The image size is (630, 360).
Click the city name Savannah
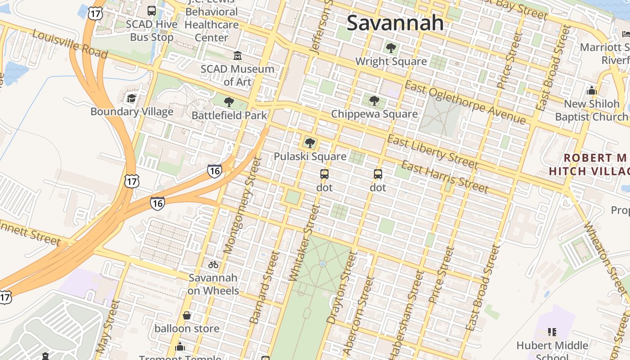click(395, 23)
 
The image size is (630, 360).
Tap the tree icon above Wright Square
click(391, 48)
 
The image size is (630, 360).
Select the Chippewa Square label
click(374, 114)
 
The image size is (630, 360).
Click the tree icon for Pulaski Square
click(310, 143)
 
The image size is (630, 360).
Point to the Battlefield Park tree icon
click(229, 102)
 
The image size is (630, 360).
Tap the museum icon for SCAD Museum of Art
click(237, 56)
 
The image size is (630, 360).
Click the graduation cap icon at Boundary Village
click(131, 98)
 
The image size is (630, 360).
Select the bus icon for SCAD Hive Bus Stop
click(152, 11)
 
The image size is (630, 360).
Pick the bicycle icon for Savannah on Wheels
click(213, 265)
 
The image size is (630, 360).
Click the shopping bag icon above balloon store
click(187, 315)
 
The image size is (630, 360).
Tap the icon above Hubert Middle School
click(552, 333)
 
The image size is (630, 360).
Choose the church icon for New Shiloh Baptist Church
click(591, 91)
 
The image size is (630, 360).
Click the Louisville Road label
click(70, 45)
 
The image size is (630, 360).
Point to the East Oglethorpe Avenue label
click(465, 103)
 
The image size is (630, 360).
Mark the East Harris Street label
click(444, 176)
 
